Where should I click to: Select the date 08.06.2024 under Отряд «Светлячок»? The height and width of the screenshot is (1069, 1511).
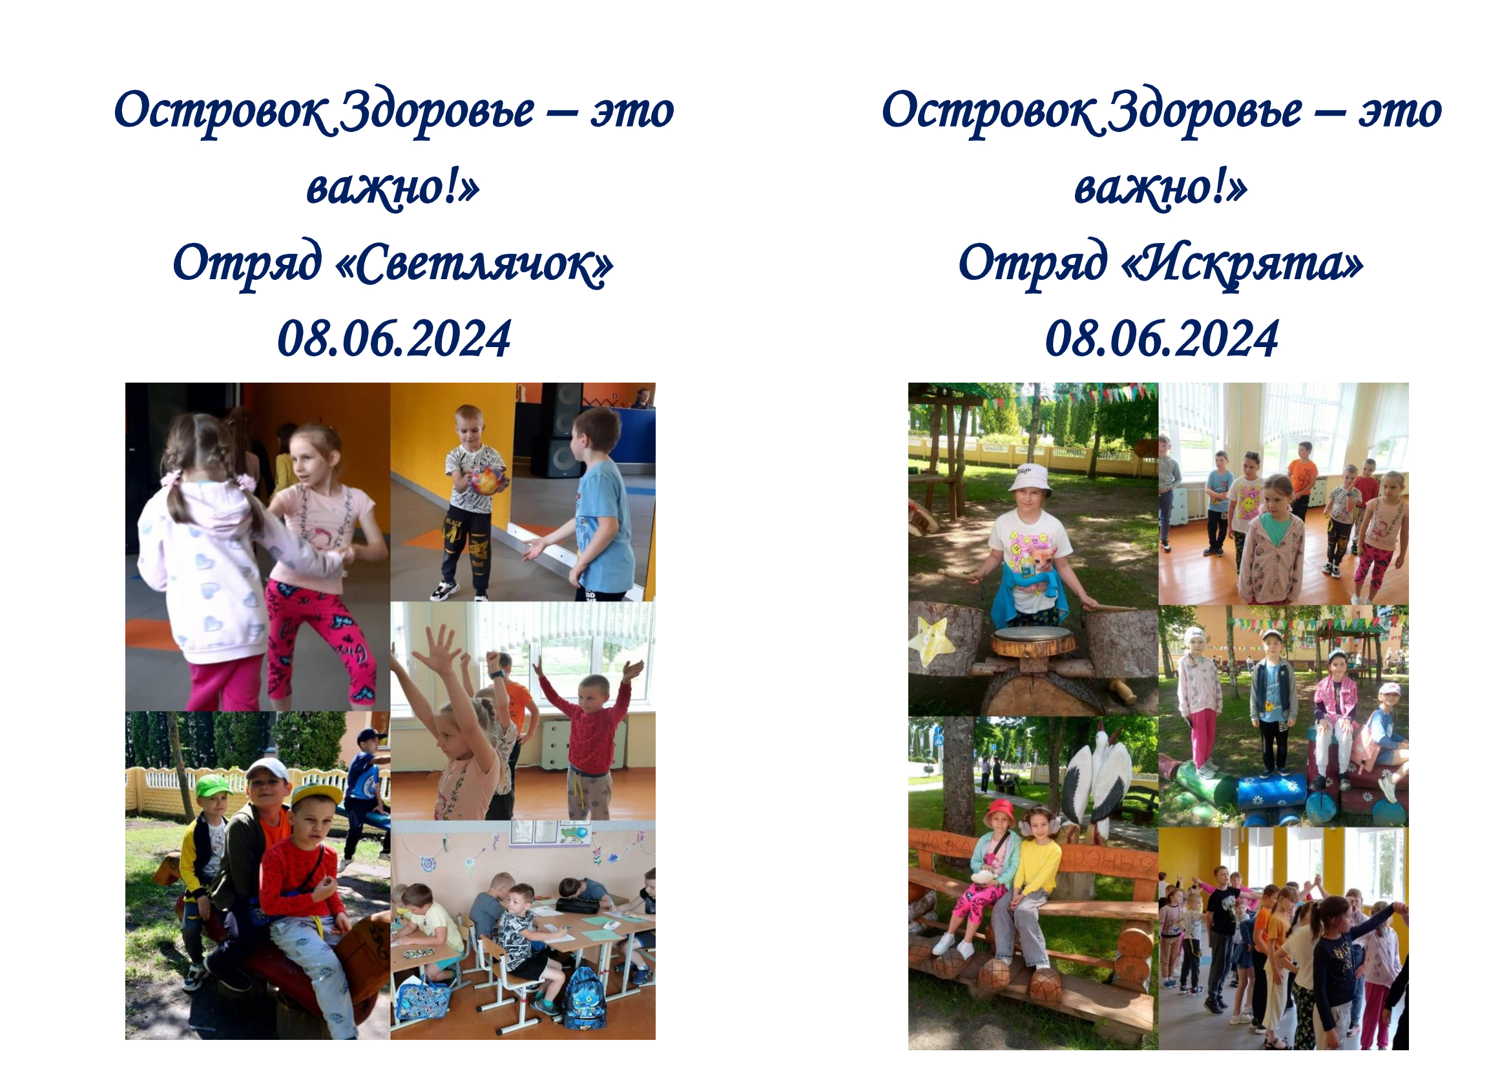click(x=394, y=339)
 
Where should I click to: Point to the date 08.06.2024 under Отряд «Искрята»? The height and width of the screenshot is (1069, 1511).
click(x=1162, y=339)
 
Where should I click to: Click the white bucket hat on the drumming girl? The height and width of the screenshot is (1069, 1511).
click(x=1030, y=477)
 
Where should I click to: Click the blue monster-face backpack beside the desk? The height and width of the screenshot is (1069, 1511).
click(x=584, y=998)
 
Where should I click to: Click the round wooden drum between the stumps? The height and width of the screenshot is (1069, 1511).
click(x=1032, y=641)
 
